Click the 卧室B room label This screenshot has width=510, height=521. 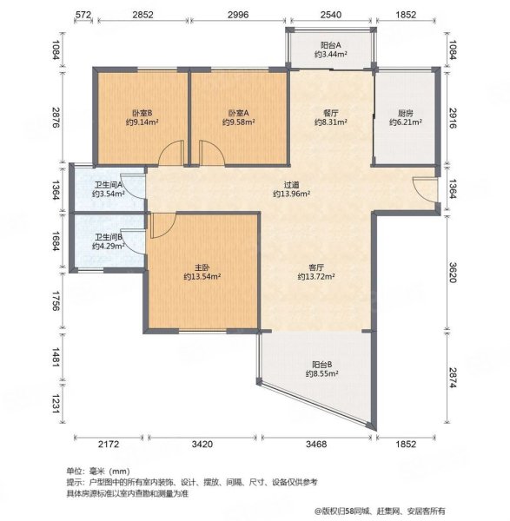[142, 113]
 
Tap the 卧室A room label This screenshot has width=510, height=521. [238, 113]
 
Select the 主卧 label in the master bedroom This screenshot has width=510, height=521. [202, 267]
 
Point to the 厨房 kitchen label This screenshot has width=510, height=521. [405, 113]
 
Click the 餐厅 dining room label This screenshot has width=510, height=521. [330, 113]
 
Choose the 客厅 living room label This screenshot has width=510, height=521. [315, 267]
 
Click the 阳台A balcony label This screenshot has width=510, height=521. [330, 45]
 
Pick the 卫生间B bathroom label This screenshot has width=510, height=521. [108, 236]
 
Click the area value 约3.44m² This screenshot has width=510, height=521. [330, 55]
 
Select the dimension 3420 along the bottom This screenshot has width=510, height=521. [201, 445]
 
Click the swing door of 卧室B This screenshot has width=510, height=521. [171, 154]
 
